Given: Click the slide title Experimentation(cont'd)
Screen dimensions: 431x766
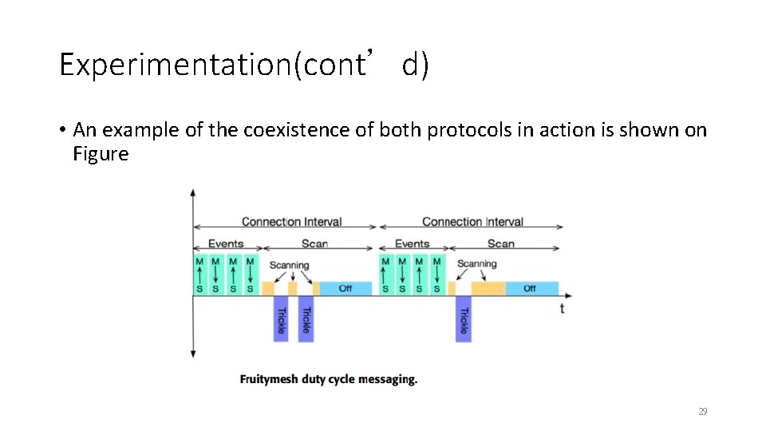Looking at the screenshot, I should (243, 65).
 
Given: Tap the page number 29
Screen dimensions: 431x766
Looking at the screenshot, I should (702, 411).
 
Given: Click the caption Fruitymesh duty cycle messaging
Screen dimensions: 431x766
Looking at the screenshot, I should (328, 379).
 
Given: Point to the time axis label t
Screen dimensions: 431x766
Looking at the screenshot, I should (562, 308).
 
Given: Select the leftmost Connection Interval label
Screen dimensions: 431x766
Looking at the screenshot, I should (291, 222).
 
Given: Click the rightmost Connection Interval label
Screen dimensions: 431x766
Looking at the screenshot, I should (472, 222).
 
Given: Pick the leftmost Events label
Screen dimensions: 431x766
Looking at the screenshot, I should (226, 243).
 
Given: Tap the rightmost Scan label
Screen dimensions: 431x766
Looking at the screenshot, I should (501, 243).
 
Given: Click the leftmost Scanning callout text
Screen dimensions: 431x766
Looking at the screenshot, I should (289, 265).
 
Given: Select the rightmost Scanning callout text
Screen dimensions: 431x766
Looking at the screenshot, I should (476, 263).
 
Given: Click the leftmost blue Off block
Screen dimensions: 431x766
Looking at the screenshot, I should (345, 288).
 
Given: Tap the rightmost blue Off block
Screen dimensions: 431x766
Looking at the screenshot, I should (531, 288).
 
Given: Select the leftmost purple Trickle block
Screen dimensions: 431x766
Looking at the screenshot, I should (280, 319).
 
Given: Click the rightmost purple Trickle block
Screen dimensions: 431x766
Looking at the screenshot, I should (464, 319).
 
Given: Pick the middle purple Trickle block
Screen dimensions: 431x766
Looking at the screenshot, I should (306, 319).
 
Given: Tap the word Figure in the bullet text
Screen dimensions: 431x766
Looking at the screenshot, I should (101, 154).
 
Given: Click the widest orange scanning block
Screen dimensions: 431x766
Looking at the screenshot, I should (488, 288).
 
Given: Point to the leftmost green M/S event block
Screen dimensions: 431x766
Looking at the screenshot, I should (199, 275).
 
